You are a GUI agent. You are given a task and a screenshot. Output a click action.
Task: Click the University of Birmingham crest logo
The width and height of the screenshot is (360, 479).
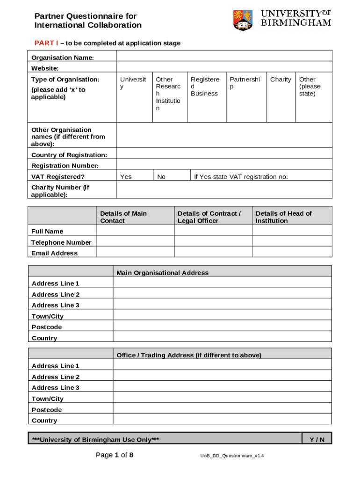(243, 21)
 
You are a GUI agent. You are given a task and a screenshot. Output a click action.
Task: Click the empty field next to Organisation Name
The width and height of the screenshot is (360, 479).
(224, 56)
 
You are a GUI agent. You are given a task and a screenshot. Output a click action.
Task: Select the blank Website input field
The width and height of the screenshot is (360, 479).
(224, 67)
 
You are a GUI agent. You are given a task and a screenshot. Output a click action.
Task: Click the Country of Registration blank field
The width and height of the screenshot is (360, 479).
(224, 154)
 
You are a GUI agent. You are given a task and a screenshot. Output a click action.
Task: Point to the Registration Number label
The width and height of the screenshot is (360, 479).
(65, 166)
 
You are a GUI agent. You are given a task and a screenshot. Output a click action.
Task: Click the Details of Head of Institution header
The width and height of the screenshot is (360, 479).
(283, 217)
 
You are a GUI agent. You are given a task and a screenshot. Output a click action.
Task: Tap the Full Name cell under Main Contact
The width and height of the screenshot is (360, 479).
(135, 231)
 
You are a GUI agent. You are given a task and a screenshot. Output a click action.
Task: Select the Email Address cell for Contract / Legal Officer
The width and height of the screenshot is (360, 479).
(213, 253)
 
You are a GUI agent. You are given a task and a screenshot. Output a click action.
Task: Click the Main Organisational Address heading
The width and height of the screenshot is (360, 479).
(162, 273)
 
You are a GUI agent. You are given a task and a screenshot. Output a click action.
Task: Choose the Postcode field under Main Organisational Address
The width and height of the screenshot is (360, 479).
(222, 327)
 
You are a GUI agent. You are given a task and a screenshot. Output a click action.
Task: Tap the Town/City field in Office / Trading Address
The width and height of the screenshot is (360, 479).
(222, 398)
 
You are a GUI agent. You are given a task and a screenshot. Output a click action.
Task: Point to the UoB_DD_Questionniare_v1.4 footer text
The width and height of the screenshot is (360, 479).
(231, 456)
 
